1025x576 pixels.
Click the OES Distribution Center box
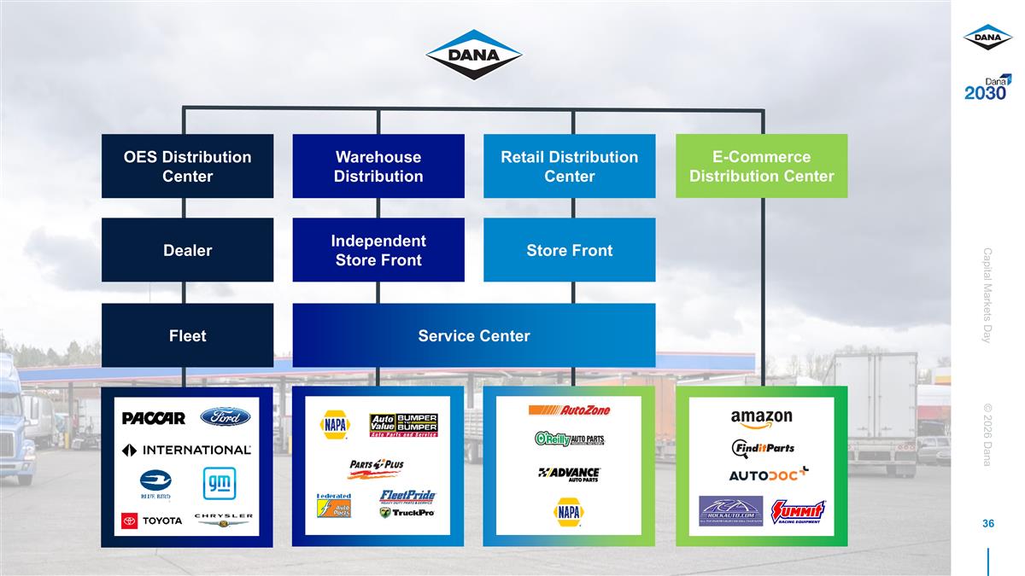tap(187, 166)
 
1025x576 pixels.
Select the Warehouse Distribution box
tap(378, 166)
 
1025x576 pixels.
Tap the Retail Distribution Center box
tap(569, 166)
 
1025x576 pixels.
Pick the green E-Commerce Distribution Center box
tap(761, 166)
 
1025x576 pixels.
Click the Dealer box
tap(187, 250)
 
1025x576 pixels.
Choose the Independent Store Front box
tap(378, 250)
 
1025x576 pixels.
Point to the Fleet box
tap(187, 335)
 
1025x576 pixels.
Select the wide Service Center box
tap(473, 335)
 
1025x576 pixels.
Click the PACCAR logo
tap(154, 418)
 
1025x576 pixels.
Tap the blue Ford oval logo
tap(225, 417)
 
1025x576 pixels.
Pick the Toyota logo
tap(152, 521)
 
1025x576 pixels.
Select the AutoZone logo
tap(569, 410)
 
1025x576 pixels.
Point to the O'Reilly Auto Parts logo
tap(569, 439)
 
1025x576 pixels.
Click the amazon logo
tap(761, 418)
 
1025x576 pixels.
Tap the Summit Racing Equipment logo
tap(798, 511)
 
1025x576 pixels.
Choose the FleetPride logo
tap(407, 496)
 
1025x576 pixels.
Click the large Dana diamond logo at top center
tap(474, 55)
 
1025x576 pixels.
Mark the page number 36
tap(988, 523)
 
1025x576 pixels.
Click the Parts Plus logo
tap(376, 468)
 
